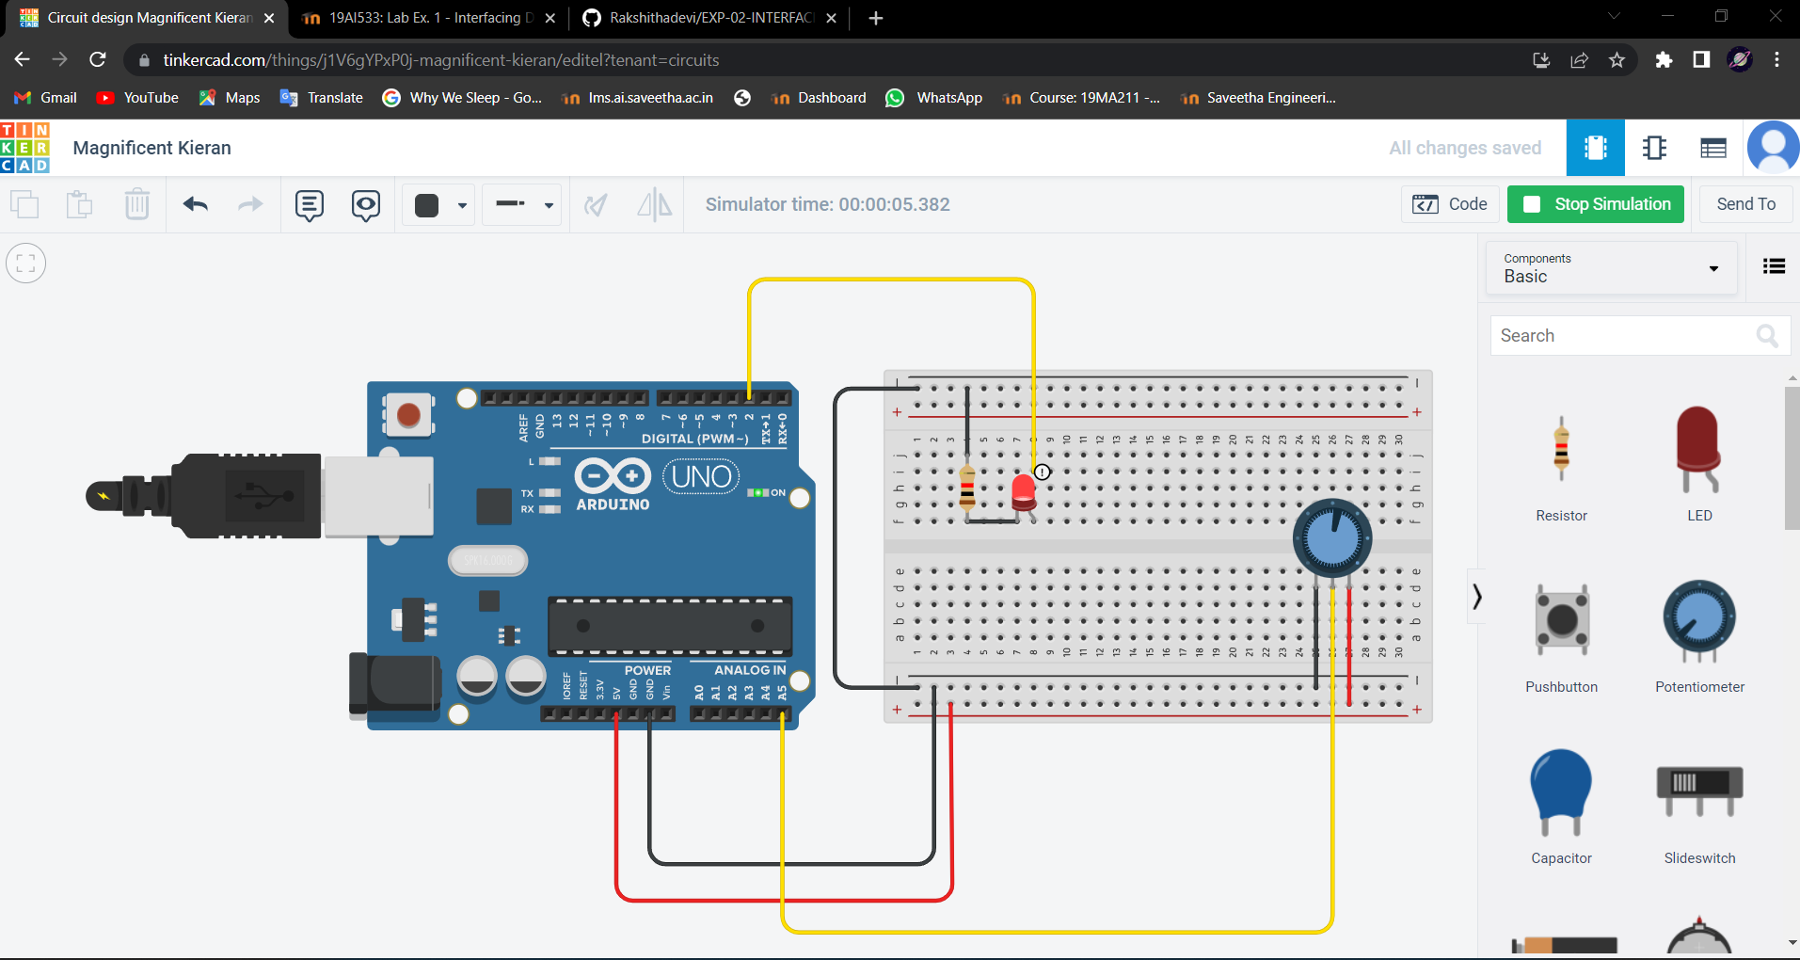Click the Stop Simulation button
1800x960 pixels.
tap(1596, 204)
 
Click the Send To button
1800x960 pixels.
tap(1745, 204)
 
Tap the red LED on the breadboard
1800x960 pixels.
tap(1024, 491)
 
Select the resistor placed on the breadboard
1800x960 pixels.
tap(967, 487)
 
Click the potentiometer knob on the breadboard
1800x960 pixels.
tap(1332, 538)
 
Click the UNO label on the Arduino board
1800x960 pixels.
tap(701, 477)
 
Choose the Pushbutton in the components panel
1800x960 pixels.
tap(1562, 619)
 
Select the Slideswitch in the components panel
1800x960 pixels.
tap(1699, 791)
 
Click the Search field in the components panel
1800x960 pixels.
tap(1623, 336)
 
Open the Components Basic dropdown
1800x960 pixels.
tap(1611, 268)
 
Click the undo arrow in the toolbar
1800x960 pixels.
tap(196, 204)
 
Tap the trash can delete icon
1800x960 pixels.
tap(137, 204)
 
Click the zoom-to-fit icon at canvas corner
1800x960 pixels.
tap(26, 264)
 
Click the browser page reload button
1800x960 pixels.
tap(98, 60)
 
